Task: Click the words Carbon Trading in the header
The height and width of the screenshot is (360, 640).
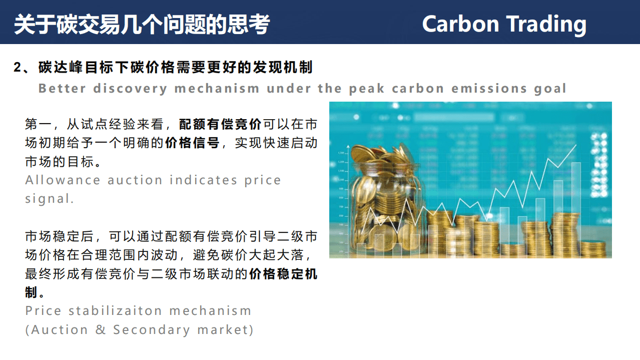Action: click(x=504, y=24)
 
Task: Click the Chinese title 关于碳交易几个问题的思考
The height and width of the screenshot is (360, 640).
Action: click(x=142, y=24)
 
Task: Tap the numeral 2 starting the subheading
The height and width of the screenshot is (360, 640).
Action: click(x=18, y=68)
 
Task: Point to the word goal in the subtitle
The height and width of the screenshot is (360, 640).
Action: click(x=549, y=89)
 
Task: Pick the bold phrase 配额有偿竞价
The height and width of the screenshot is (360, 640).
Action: click(x=220, y=125)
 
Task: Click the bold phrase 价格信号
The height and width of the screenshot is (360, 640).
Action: click(x=192, y=143)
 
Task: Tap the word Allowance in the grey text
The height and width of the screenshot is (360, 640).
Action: click(x=63, y=180)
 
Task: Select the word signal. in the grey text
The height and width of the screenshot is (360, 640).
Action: click(x=50, y=199)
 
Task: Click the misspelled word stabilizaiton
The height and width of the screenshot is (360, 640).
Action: click(x=116, y=311)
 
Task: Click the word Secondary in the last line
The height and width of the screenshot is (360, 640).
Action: click(x=152, y=330)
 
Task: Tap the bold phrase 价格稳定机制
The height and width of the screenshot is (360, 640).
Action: click(x=283, y=274)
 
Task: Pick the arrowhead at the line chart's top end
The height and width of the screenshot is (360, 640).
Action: click(x=574, y=146)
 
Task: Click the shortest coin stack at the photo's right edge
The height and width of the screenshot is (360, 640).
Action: click(x=593, y=248)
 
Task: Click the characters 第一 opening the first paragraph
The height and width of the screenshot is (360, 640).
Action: click(x=38, y=125)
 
